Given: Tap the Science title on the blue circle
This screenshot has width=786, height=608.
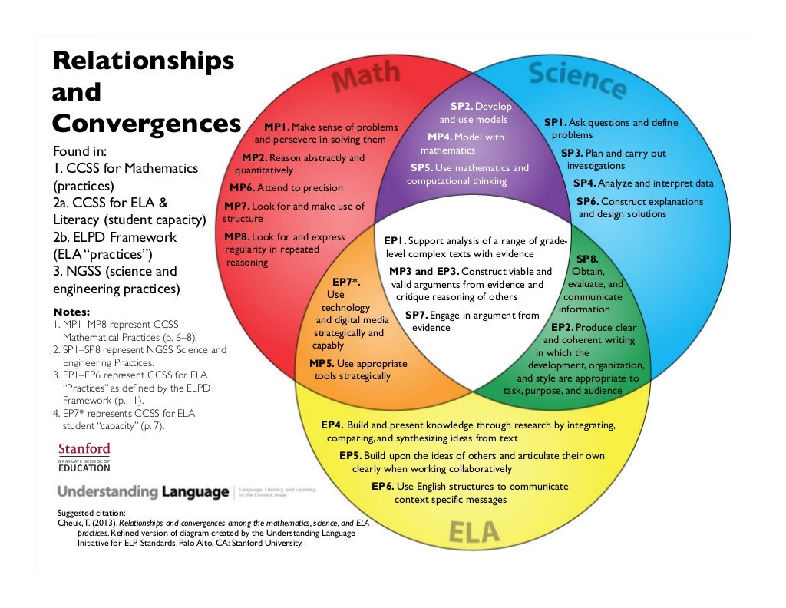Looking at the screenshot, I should (576, 79).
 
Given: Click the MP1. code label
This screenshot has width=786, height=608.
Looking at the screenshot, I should (276, 127).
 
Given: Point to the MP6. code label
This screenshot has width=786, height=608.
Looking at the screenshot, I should (243, 188).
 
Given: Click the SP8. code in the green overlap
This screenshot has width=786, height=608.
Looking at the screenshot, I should (587, 259).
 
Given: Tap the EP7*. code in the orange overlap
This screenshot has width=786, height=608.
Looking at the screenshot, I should (346, 283).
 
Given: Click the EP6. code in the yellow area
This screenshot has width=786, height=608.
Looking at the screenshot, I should (382, 487).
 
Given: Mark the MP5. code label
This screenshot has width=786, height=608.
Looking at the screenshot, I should (322, 364).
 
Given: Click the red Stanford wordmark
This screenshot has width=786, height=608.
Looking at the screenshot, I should (84, 448).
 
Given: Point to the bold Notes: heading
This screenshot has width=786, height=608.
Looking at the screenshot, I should (71, 312).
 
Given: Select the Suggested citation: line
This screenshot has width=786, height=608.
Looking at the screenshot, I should (91, 514).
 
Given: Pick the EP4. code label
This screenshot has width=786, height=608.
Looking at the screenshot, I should (332, 425).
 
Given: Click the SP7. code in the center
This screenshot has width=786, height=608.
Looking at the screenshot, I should (416, 316).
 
